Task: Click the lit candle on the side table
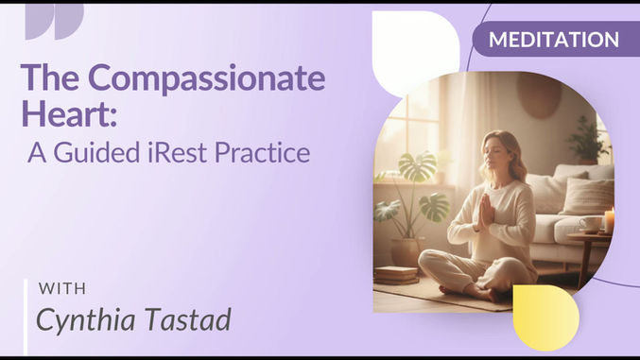pyautogui.click(x=610, y=219)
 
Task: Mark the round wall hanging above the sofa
pyautogui.click(x=540, y=94)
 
